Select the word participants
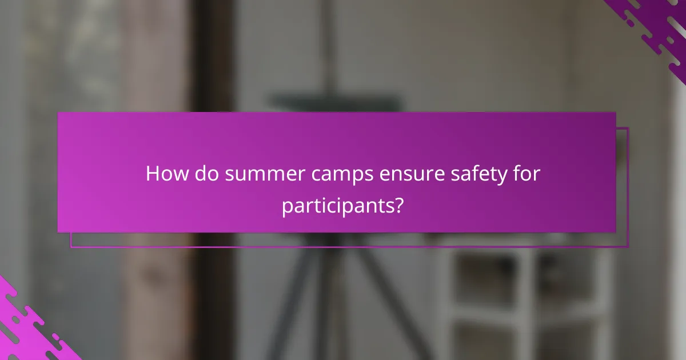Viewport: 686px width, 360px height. coord(336,205)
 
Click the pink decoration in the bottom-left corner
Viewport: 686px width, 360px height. coord(29,329)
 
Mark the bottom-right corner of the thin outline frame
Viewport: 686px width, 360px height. coord(628,247)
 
